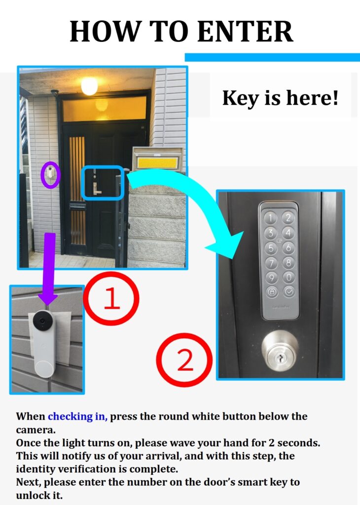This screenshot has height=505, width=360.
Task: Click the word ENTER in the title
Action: [245, 31]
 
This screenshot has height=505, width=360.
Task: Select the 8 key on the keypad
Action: [288, 262]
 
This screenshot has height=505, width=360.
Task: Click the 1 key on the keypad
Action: [270, 218]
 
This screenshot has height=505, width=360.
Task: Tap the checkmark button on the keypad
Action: [288, 292]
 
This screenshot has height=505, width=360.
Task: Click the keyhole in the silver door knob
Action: [280, 358]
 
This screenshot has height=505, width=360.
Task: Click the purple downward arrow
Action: [49, 268]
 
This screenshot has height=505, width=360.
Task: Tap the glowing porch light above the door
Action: [89, 86]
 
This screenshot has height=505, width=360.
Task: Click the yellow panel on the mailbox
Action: [158, 163]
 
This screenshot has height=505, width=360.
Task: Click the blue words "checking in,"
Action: [77, 416]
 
